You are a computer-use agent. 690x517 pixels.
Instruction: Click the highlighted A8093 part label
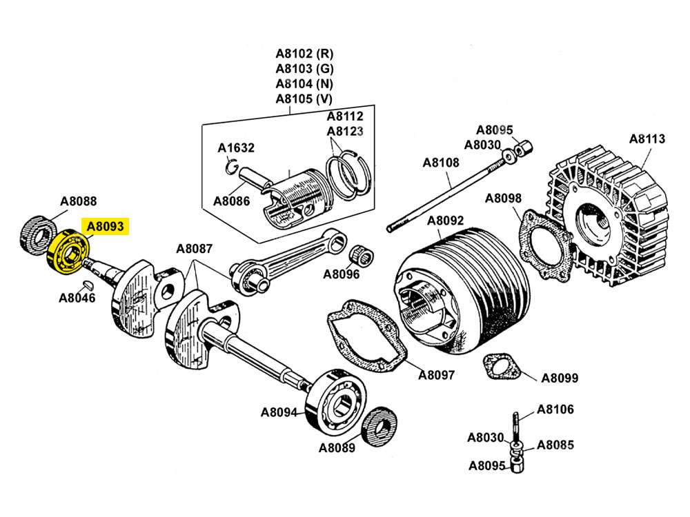pos(105,225)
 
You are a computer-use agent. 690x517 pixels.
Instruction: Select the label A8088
pos(78,201)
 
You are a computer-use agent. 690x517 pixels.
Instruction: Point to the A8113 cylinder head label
pos(647,139)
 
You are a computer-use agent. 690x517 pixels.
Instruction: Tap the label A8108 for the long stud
pos(440,163)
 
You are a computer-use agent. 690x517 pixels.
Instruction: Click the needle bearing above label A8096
pos(362,256)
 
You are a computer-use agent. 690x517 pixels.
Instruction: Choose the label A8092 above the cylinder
pos(445,221)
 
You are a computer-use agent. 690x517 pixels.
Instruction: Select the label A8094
pos(279,413)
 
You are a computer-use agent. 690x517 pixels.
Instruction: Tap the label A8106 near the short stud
pos(555,409)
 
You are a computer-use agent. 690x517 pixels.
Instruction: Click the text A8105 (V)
pos(304,99)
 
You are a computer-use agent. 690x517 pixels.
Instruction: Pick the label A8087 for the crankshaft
pos(194,249)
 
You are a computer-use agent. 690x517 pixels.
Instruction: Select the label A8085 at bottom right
pos(555,445)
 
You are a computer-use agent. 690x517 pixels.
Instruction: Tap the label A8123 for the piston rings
pos(345,131)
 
